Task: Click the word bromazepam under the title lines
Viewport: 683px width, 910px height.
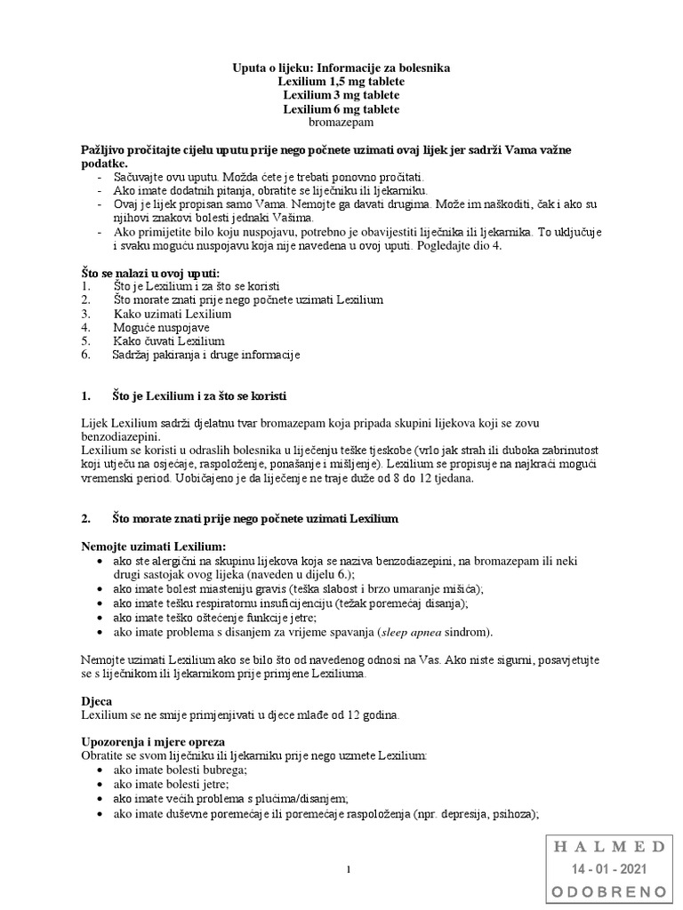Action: pos(341,123)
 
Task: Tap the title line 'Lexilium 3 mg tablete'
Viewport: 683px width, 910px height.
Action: pos(341,95)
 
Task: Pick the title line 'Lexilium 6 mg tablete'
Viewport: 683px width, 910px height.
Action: pos(341,109)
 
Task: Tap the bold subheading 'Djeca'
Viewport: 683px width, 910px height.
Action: pos(96,700)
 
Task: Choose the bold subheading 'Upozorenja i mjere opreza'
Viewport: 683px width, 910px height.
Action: pos(153,741)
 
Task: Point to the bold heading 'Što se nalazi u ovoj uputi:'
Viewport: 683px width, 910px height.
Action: pos(150,273)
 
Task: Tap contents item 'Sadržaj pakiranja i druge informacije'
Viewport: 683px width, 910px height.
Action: pos(206,355)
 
